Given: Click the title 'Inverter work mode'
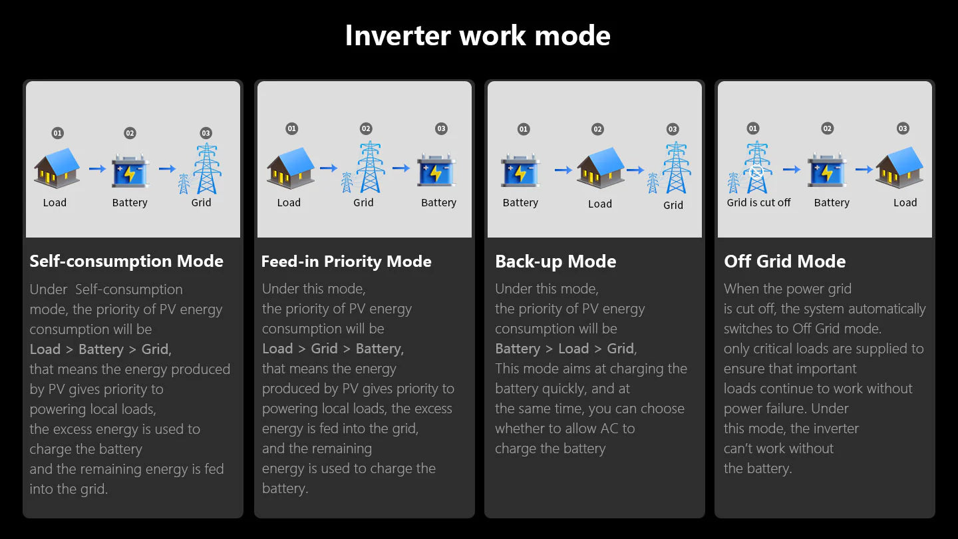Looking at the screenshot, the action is tap(478, 35).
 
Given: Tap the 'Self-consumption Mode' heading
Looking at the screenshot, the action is tap(126, 262).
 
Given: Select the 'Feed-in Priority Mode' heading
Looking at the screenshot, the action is tap(347, 262).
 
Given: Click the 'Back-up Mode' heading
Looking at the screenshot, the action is tap(556, 262).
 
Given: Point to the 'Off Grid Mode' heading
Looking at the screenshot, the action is tap(785, 262).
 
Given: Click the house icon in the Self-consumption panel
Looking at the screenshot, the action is tap(57, 168).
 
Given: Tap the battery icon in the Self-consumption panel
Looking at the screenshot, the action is tap(130, 172).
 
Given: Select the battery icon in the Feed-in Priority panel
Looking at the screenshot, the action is tap(436, 170).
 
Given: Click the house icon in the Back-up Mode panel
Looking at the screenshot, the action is tap(600, 168).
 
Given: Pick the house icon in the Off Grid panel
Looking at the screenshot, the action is tap(899, 168).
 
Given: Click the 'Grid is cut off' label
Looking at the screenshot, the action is tap(758, 203).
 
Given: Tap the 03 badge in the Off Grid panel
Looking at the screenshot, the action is tap(903, 128).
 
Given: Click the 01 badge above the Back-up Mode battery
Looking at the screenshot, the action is tap(524, 129).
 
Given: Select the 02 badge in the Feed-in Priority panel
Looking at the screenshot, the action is tap(366, 129).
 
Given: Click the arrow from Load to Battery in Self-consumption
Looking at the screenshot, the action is tap(98, 169).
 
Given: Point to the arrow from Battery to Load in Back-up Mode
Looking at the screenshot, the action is tap(563, 170).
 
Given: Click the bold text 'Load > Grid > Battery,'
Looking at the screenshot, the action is tap(333, 349).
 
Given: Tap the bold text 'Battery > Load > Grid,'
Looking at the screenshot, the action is tap(565, 349).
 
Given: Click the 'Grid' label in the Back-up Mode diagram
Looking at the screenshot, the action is tap(673, 206).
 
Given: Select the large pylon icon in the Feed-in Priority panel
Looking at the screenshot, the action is tap(371, 167).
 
